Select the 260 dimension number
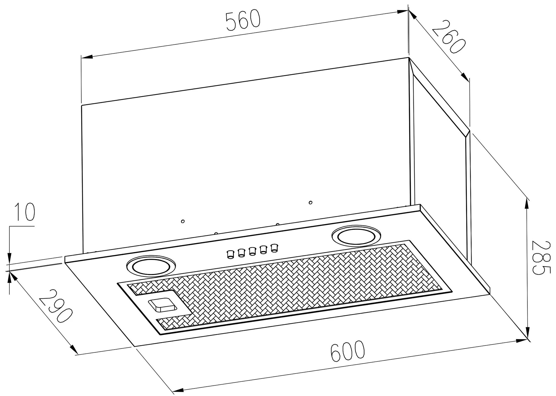448,36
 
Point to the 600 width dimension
347,351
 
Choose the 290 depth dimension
56,306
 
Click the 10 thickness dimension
25,212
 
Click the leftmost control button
230,254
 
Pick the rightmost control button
274,248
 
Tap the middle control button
252,251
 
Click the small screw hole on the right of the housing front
311,202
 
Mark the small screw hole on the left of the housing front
183,221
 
